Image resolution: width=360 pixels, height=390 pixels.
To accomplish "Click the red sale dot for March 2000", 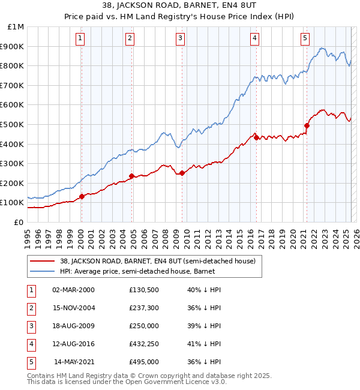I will pos(82,196).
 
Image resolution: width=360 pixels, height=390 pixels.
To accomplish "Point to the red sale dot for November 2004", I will pos(131,176).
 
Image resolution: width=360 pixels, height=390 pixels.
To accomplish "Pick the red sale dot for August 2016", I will pos(256,137).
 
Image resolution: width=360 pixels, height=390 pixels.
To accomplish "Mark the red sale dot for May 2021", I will pos(307,125).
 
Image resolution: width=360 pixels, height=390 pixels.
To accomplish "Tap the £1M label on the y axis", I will pos(17,26).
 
